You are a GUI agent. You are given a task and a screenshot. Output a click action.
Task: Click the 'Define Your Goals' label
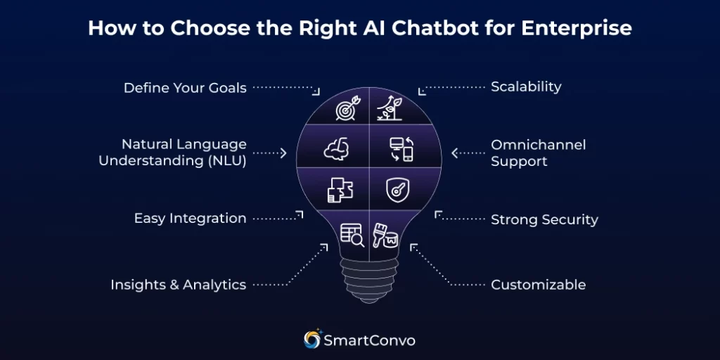point(185,88)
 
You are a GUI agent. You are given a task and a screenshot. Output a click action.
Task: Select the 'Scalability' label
point(526,86)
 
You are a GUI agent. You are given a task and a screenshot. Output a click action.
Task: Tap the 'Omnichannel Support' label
point(538,153)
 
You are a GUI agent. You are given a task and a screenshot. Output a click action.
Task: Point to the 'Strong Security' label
point(544,219)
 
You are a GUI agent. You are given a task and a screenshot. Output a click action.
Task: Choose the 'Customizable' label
point(538,285)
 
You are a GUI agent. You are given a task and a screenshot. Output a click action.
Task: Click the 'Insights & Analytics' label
point(178,285)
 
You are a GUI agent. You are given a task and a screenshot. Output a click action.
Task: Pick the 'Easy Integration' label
point(190,218)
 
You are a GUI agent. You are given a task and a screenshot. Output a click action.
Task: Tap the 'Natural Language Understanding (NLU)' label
point(173,153)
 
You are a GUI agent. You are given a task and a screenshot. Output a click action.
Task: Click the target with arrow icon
point(347,110)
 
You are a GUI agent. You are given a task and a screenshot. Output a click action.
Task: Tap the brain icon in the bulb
point(335,148)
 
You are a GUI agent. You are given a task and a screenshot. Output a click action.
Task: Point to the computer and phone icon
point(401,150)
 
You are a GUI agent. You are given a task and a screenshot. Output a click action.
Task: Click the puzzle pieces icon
point(340,190)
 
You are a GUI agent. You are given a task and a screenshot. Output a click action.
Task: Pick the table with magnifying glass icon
point(352,234)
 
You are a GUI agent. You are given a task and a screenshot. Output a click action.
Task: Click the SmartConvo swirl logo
point(311,340)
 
